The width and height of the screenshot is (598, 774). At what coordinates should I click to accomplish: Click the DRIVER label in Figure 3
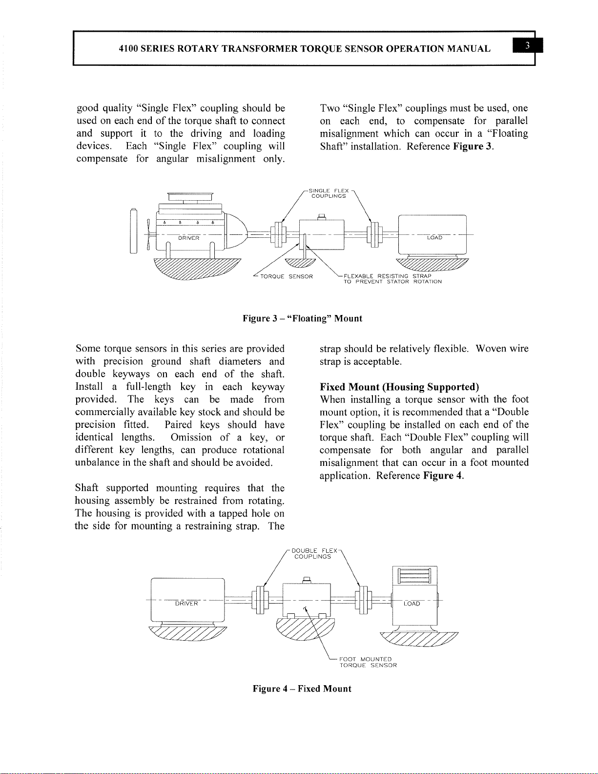coord(188,238)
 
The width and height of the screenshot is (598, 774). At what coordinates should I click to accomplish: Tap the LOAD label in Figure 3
coord(434,237)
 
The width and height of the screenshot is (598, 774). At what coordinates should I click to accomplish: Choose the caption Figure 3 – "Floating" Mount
coord(303,319)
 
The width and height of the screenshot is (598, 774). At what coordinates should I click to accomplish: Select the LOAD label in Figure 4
coord(412,604)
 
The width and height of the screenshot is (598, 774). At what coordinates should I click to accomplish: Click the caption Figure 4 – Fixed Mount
coord(302,689)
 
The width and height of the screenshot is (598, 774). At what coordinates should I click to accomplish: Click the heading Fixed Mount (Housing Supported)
coord(399,387)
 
